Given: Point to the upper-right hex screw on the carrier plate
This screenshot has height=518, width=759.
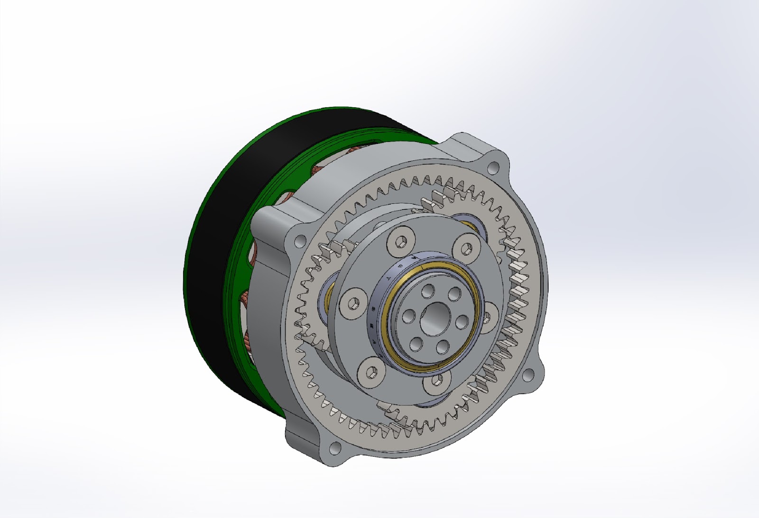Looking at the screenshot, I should pyautogui.click(x=467, y=247).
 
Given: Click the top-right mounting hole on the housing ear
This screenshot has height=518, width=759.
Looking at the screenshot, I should pyautogui.click(x=494, y=168).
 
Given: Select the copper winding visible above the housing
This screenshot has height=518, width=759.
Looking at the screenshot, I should pyautogui.click(x=353, y=151).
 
